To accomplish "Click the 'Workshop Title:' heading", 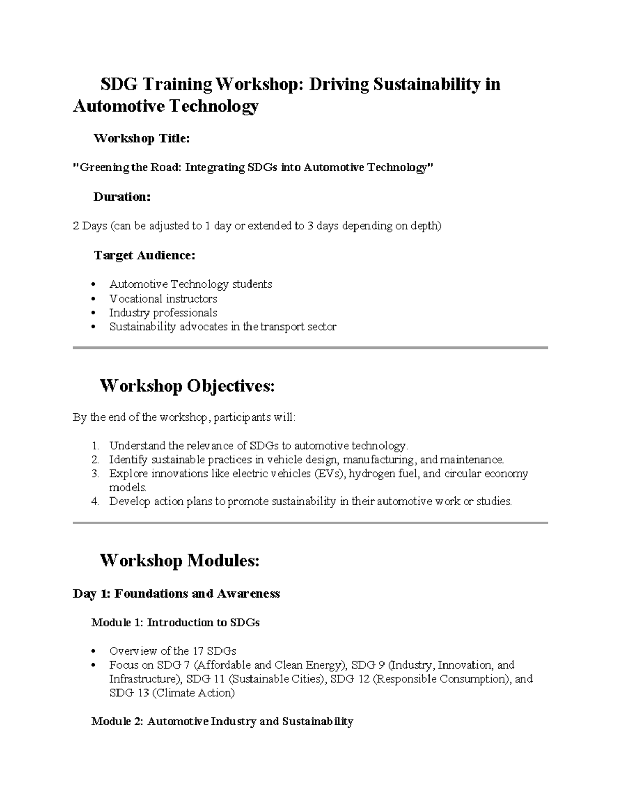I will [141, 138].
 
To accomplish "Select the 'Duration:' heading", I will [122, 197].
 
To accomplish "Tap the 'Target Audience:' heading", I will [144, 255].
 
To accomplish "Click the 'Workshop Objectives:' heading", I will [187, 386].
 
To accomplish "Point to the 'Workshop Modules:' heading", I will [179, 561].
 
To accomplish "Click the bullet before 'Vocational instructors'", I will [93, 299].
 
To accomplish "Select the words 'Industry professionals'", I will [163, 313].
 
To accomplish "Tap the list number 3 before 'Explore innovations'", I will [95, 474].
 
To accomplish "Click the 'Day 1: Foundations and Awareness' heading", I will [176, 594].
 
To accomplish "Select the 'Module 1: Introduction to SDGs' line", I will [175, 623].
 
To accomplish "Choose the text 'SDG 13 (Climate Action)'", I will [172, 693].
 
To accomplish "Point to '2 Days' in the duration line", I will [90, 226].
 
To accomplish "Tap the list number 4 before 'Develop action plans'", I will [95, 502].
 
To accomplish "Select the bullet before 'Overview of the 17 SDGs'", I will [93, 651].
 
